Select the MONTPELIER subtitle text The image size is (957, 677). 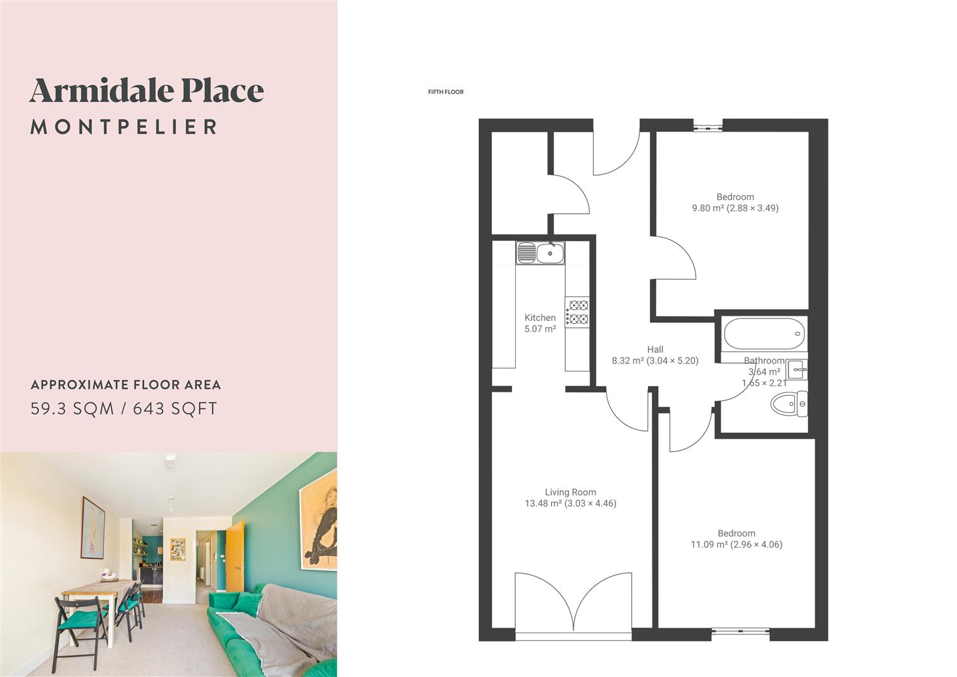coord(123,127)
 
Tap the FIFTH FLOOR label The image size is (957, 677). coord(446,92)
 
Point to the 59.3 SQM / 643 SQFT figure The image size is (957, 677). coord(124,409)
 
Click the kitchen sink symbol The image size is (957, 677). coord(540,253)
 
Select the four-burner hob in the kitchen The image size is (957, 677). coord(577,312)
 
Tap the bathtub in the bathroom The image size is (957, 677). coord(763,332)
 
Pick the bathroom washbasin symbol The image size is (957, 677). coord(797,370)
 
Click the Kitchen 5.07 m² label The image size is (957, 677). coord(540,323)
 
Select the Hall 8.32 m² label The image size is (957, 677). coord(655,355)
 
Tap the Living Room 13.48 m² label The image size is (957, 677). coord(570,498)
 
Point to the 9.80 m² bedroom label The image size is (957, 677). coord(735,202)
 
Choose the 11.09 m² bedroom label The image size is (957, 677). coord(736,539)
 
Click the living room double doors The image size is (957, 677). coord(573,605)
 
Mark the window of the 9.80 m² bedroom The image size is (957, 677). coord(708,127)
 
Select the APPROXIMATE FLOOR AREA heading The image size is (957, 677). coord(126,385)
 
